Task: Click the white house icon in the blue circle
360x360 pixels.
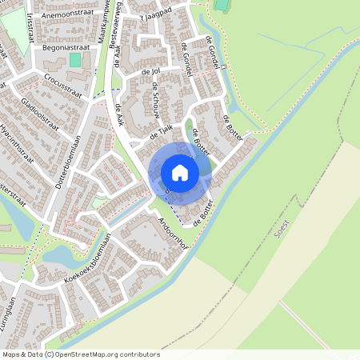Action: (x=180, y=172)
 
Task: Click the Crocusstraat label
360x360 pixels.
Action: (x=62, y=81)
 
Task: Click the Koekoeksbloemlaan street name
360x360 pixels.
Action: (x=87, y=259)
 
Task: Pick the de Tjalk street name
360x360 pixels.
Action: (x=162, y=131)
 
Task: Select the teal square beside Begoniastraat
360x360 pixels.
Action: (x=75, y=60)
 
